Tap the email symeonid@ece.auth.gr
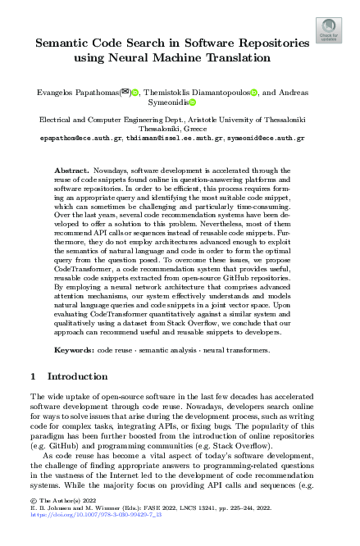tap(266, 139)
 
